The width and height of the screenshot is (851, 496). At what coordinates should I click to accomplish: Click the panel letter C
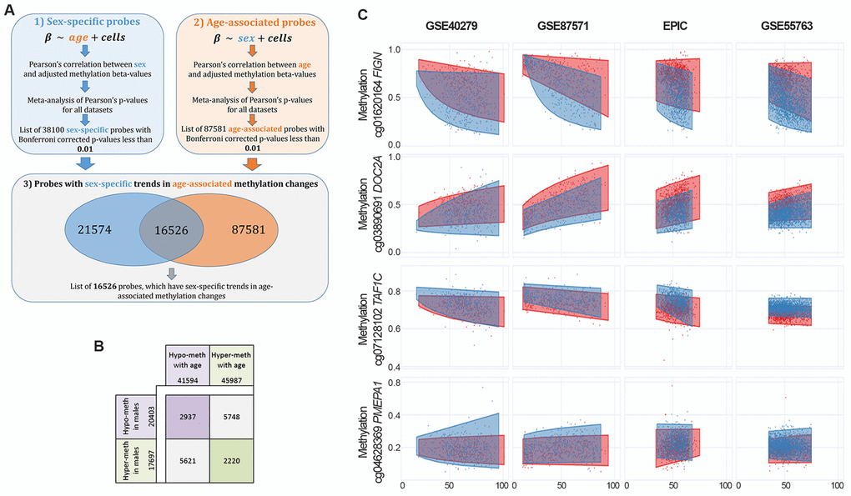362,14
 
